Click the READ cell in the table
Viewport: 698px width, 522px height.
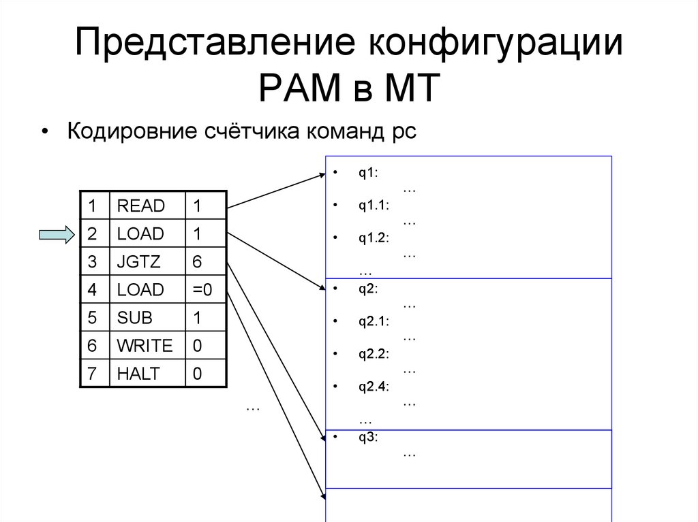(141, 206)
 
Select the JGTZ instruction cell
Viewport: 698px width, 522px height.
(140, 262)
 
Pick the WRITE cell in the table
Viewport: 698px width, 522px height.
(145, 346)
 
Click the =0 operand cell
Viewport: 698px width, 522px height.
(202, 290)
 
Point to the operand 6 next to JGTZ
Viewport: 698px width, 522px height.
(197, 262)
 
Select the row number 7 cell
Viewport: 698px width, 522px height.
(92, 374)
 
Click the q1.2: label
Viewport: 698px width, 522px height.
(374, 238)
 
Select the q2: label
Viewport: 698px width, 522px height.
(369, 289)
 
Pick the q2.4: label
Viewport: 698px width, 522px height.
(374, 387)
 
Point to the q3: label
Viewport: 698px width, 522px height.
(369, 437)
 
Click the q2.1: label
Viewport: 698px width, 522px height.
(374, 321)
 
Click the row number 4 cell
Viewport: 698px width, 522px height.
(92, 290)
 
